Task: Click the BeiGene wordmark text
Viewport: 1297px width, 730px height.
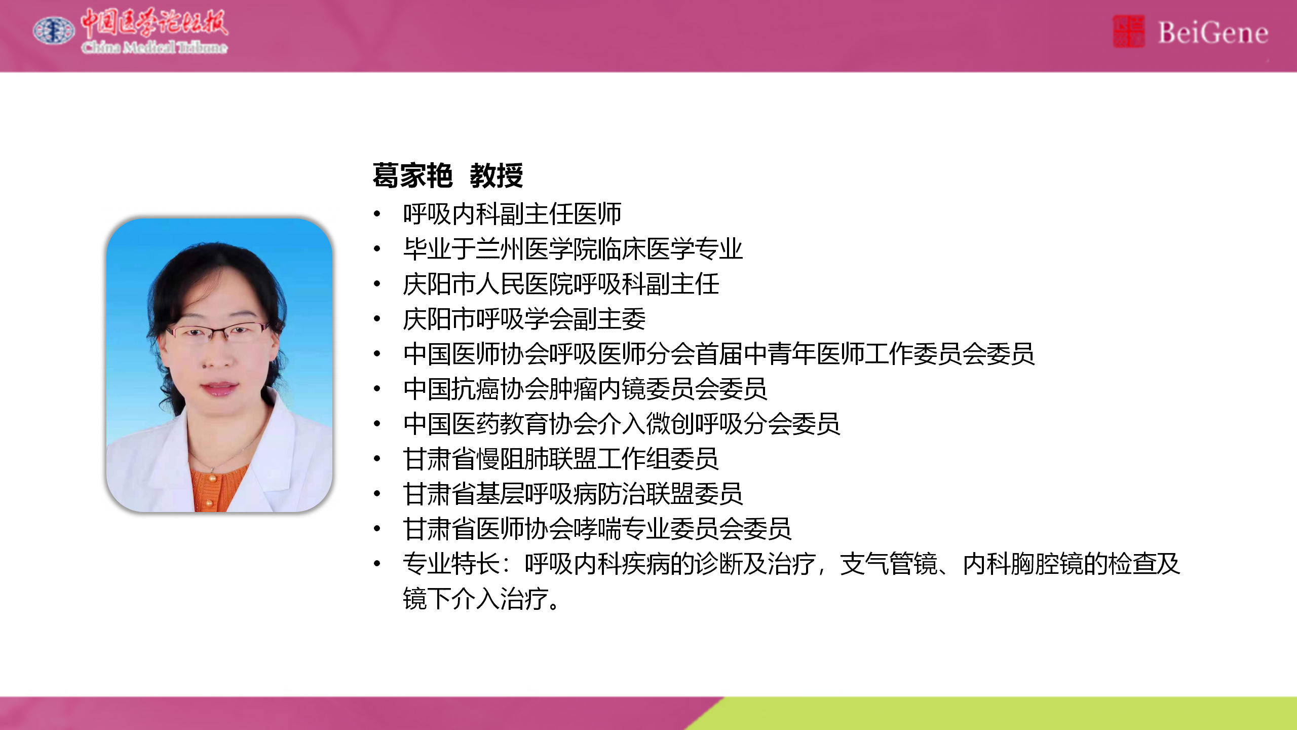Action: click(1213, 33)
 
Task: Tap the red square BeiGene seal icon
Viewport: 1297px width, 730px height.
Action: click(1128, 31)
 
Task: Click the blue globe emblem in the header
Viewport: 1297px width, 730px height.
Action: click(54, 31)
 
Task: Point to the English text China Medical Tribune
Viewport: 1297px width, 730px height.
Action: click(155, 48)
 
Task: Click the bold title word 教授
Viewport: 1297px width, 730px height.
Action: click(496, 176)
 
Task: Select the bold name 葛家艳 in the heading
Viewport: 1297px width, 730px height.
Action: click(412, 176)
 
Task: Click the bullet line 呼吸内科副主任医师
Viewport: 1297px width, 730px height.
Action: click(512, 214)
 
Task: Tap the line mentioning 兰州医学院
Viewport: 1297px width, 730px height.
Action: click(573, 249)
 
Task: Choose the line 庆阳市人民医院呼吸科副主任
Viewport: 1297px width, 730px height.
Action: click(561, 284)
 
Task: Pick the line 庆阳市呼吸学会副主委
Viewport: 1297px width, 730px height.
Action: click(524, 319)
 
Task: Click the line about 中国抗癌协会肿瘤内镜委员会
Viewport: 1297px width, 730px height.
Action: click(585, 389)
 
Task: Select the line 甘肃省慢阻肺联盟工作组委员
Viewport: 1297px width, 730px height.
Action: click(561, 459)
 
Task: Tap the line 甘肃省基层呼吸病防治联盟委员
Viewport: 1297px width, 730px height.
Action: click(573, 494)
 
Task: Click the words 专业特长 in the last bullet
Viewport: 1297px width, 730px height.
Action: click(451, 564)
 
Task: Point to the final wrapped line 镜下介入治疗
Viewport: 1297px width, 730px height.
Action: click(481, 599)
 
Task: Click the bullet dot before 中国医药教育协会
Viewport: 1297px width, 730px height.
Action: click(377, 424)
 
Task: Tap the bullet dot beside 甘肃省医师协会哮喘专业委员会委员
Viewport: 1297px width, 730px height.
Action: click(377, 529)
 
